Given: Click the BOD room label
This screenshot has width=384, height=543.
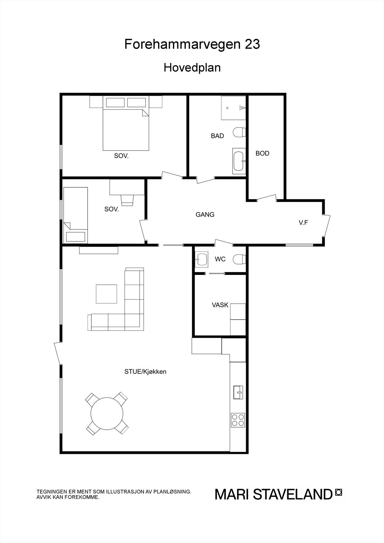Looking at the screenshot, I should [x=262, y=153].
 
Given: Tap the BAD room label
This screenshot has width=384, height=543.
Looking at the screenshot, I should [x=217, y=136].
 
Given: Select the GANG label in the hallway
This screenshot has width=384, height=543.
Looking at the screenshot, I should [x=205, y=214].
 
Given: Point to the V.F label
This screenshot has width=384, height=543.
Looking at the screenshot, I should [x=303, y=223].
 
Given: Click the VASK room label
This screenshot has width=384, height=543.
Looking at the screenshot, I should [x=220, y=305].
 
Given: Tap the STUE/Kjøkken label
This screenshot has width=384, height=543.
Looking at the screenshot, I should [x=145, y=372].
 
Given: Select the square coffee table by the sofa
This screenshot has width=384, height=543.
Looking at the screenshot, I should [x=106, y=294].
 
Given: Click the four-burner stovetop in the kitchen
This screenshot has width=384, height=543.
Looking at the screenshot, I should [x=238, y=420].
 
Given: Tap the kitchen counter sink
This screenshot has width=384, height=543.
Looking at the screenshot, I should [x=238, y=392].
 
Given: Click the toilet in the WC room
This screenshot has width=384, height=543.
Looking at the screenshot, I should [x=239, y=260].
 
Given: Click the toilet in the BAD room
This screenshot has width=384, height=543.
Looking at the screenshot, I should [x=239, y=132].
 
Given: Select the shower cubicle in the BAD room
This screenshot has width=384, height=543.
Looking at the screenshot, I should [x=233, y=108].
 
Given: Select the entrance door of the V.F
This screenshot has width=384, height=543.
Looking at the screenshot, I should [x=327, y=225].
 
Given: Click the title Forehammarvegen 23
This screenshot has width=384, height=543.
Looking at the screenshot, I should [x=192, y=44].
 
